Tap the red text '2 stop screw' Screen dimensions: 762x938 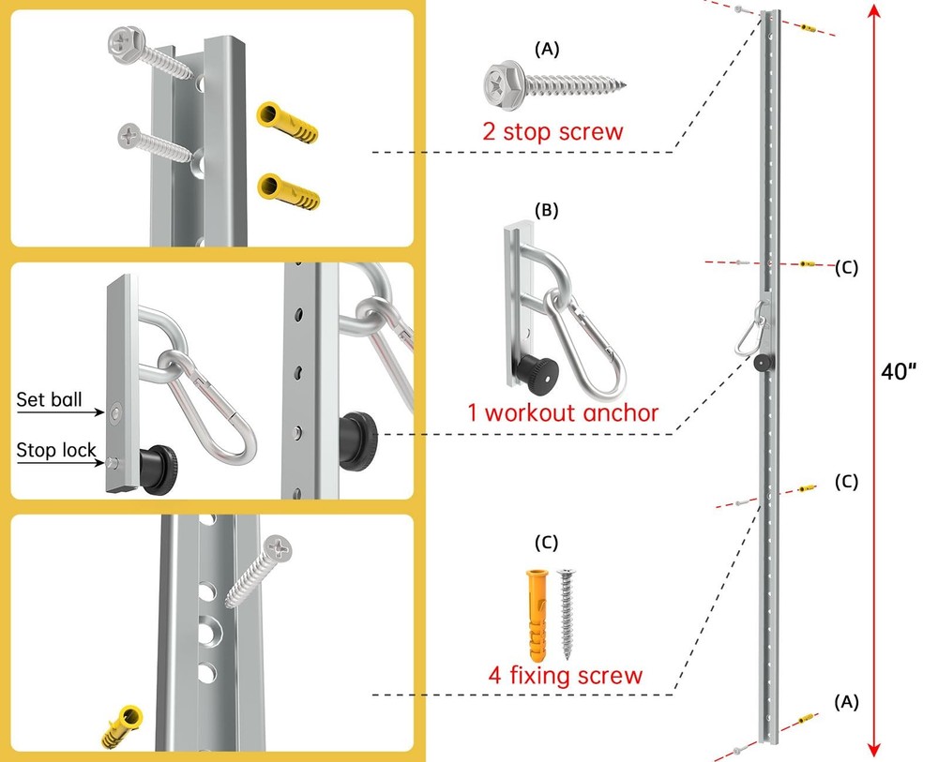pyautogui.click(x=552, y=129)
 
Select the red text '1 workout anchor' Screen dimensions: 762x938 pyautogui.click(x=563, y=411)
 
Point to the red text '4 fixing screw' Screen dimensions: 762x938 pyautogui.click(x=565, y=675)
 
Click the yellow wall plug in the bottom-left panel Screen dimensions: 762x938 pyautogui.click(x=121, y=727)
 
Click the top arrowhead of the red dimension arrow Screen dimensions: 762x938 pyautogui.click(x=875, y=11)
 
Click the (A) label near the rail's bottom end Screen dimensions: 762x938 pyautogui.click(x=846, y=700)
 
